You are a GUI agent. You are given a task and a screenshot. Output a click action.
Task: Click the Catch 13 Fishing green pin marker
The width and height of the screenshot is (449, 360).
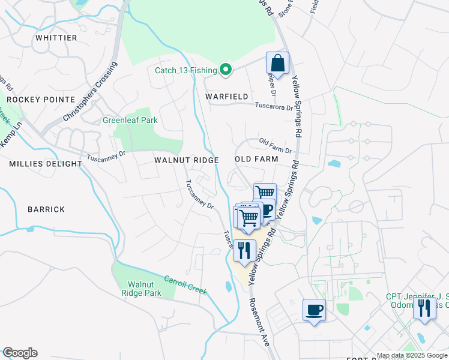226,71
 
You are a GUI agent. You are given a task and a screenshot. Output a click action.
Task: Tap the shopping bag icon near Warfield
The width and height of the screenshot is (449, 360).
277,63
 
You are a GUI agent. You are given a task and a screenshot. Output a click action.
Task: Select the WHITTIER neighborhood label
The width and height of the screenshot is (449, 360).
56,38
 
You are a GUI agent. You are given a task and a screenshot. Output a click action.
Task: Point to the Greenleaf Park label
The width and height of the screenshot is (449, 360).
130,120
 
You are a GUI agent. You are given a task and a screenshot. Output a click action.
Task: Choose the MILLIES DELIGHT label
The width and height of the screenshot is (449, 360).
46,163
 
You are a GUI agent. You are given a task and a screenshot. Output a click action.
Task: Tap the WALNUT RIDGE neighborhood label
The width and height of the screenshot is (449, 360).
185,160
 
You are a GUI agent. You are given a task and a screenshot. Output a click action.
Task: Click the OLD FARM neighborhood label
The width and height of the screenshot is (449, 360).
256,159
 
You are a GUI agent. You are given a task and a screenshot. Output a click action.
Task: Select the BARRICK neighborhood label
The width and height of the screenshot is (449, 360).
46,209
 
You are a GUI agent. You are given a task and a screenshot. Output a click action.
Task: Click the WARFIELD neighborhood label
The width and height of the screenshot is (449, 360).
227,96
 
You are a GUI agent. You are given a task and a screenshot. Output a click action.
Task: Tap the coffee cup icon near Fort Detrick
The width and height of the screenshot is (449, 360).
314,310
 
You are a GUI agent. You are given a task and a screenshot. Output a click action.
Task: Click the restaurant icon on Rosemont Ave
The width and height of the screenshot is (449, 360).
244,250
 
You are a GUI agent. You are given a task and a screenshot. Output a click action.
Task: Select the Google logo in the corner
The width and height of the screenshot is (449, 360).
20,353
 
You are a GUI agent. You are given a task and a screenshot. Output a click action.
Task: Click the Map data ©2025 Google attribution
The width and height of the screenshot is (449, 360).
412,355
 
